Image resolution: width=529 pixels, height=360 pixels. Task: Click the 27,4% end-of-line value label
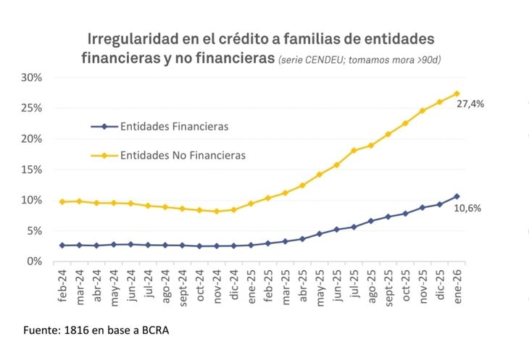click(470, 104)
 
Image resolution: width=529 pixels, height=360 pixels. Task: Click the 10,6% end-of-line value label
click(467, 208)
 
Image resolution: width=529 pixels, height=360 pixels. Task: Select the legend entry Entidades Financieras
click(174, 126)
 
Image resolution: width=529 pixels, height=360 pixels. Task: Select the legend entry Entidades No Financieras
click(183, 155)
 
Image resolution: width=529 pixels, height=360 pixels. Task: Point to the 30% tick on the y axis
click(32, 78)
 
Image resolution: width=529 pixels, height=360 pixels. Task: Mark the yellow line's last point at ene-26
click(457, 93)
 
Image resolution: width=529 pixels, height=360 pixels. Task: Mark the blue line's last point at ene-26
click(457, 196)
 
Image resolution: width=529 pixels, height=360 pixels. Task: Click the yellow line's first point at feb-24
click(62, 201)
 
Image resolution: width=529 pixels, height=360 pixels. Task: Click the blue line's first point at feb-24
click(62, 246)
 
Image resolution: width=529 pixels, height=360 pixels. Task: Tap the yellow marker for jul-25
click(354, 151)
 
